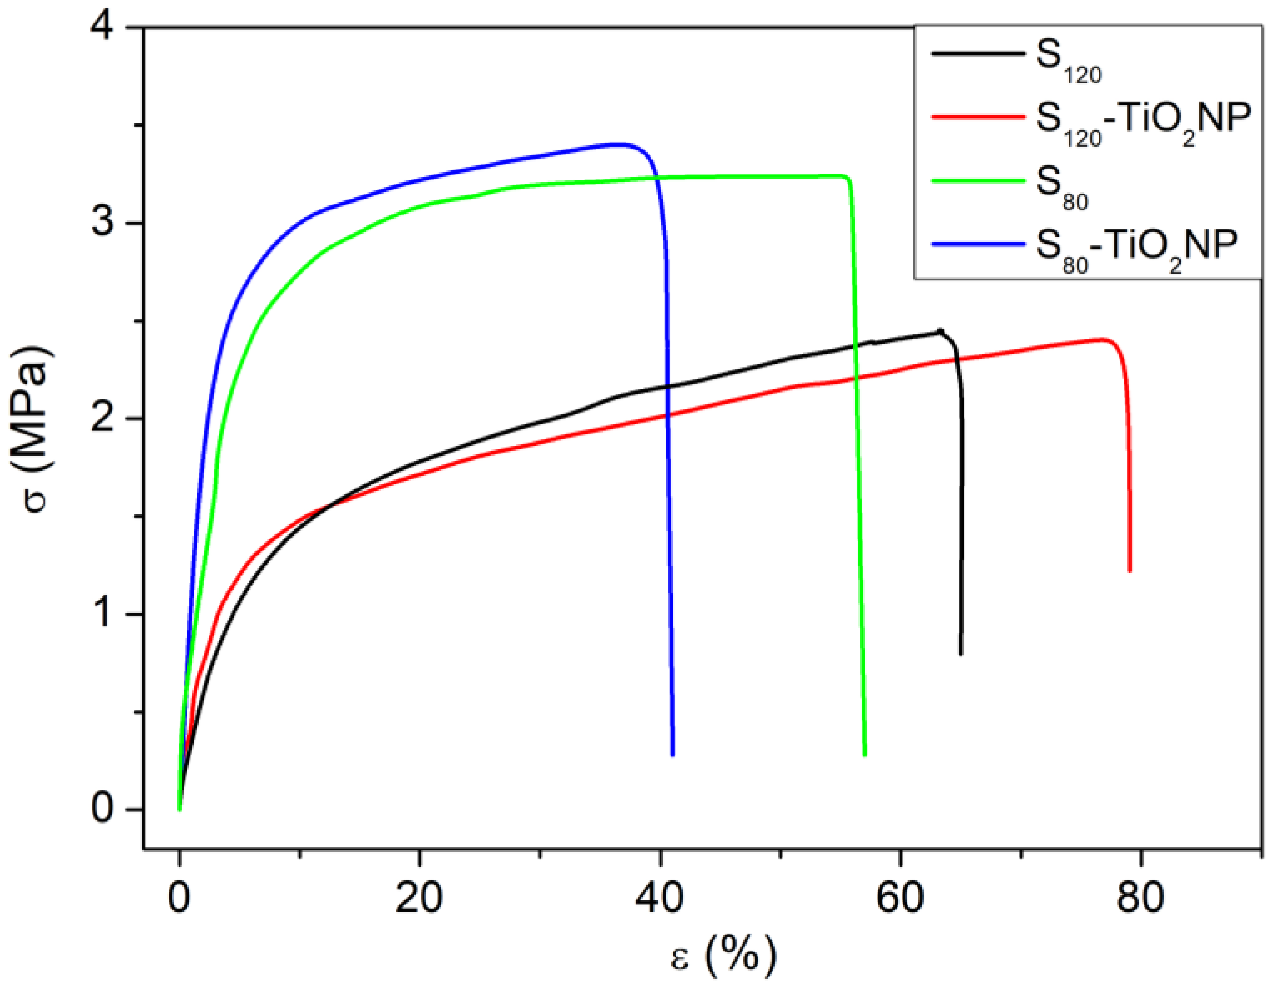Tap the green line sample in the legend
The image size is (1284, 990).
click(977, 181)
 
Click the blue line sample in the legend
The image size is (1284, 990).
click(977, 244)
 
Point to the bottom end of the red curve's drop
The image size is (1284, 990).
click(1129, 570)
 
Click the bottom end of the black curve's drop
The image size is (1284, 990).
click(961, 654)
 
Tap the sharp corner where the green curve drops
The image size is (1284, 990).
click(848, 177)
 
